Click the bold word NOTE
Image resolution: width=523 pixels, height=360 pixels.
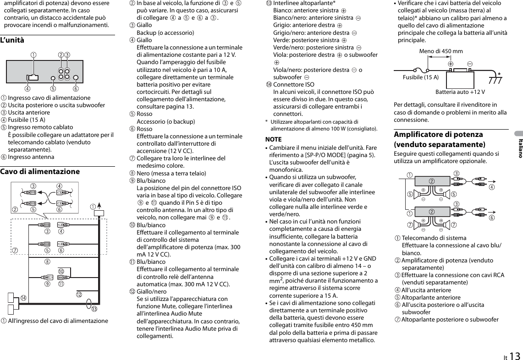(274, 139)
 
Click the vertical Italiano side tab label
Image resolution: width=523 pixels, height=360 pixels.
(519, 147)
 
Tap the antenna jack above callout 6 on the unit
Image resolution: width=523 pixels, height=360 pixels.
(76, 78)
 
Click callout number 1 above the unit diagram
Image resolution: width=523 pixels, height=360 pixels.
(33, 55)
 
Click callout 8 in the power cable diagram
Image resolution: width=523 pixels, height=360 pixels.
(47, 262)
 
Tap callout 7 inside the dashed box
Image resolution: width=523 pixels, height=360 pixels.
(15, 250)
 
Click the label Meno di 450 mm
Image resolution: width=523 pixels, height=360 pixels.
(441, 51)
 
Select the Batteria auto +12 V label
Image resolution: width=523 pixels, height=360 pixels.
(460, 92)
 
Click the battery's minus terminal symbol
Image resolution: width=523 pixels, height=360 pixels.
(470, 64)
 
